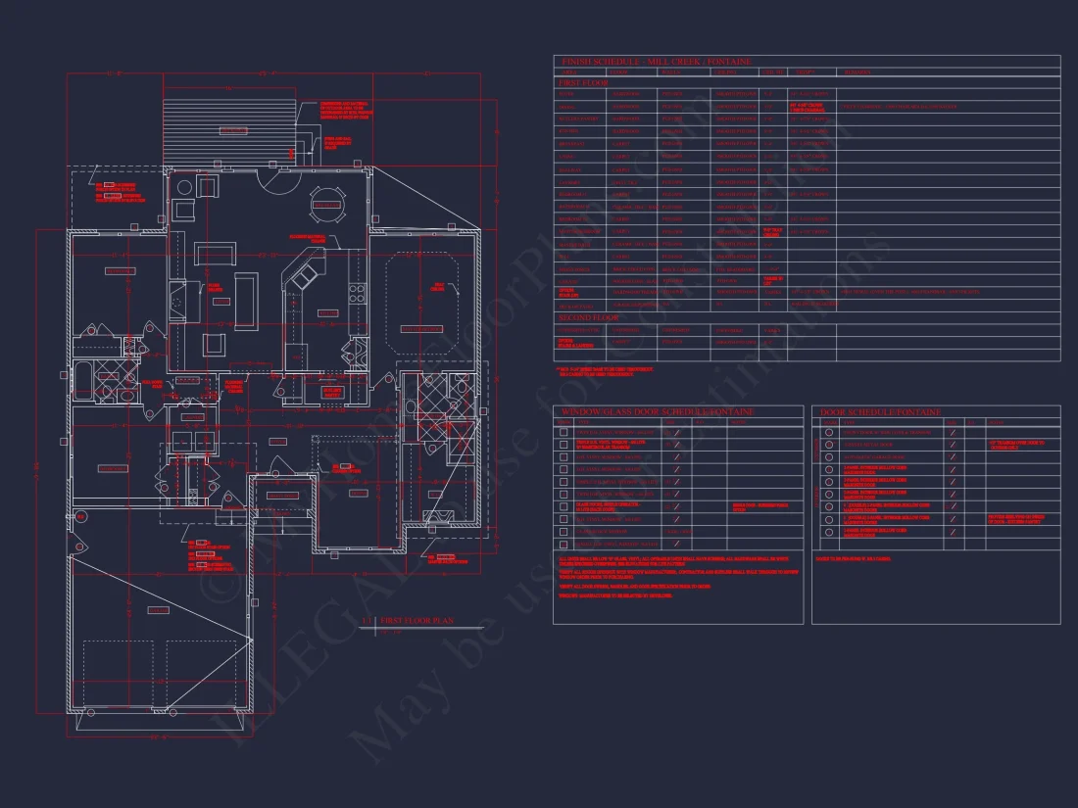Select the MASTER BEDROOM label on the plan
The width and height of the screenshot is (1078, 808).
click(419, 329)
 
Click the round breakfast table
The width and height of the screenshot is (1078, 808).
click(325, 204)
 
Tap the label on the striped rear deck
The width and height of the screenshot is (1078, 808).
click(232, 130)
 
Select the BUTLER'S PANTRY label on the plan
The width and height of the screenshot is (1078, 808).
click(333, 392)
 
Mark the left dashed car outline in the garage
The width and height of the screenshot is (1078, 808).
click(122, 676)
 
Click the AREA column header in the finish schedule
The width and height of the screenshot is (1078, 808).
click(568, 72)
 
